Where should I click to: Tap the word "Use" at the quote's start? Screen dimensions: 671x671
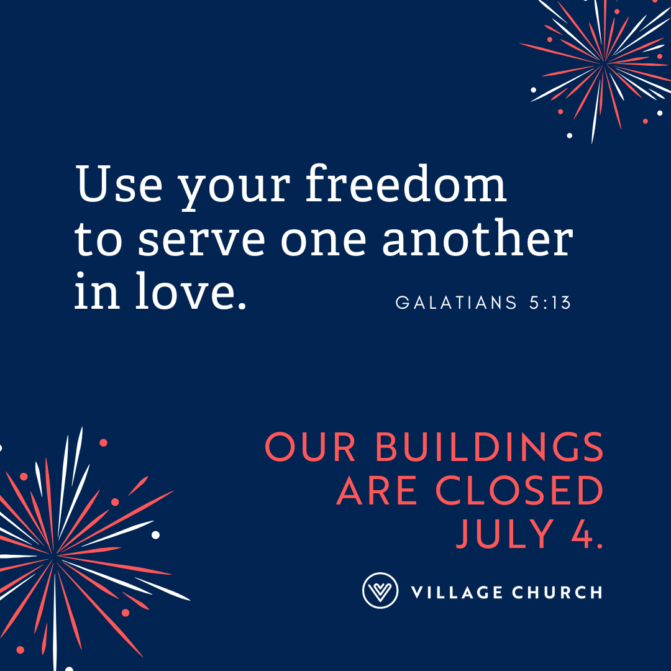pyautogui.click(x=119, y=183)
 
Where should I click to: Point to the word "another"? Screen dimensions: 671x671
pyautogui.click(x=477, y=237)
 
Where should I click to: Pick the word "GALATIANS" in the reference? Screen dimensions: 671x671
pyautogui.click(x=456, y=303)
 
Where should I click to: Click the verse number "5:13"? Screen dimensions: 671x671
pyautogui.click(x=550, y=303)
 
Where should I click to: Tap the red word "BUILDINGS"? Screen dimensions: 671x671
pyautogui.click(x=489, y=447)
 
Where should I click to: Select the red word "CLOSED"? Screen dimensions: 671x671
pyautogui.click(x=519, y=490)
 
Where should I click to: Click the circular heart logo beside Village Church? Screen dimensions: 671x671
pyautogui.click(x=380, y=591)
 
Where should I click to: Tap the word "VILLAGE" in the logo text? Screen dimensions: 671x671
pyautogui.click(x=457, y=592)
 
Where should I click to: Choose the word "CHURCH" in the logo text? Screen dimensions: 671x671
pyautogui.click(x=557, y=592)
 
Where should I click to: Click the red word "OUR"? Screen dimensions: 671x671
pyautogui.click(x=310, y=447)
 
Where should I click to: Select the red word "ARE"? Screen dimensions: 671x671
pyautogui.click(x=377, y=490)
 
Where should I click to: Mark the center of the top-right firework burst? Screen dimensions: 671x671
pyautogui.click(x=604, y=63)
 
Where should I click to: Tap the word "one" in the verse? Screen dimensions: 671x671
pyautogui.click(x=324, y=241)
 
